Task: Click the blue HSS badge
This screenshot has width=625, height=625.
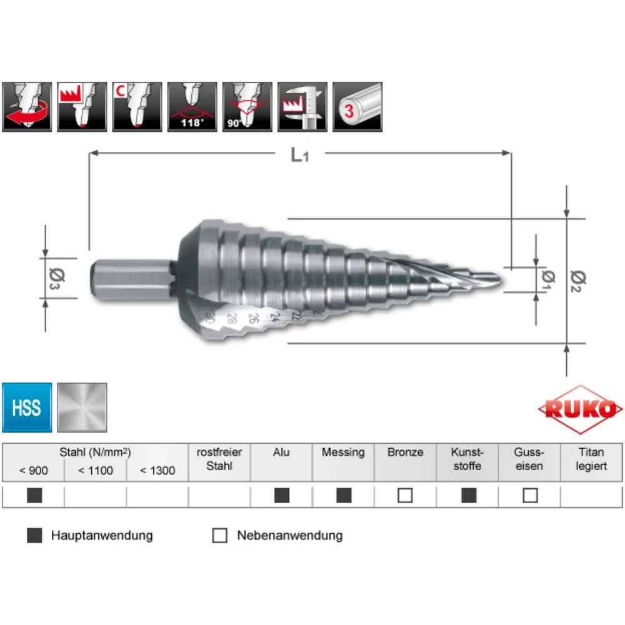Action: (x=26, y=408)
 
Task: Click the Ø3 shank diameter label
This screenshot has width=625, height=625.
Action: (x=54, y=277)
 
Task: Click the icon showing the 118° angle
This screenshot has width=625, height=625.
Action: (x=192, y=106)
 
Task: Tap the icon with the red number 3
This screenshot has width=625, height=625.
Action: (x=357, y=106)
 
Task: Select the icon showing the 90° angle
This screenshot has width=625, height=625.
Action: (x=247, y=106)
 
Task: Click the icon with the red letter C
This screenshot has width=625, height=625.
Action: (x=137, y=106)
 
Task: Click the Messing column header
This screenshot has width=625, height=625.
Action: (x=343, y=452)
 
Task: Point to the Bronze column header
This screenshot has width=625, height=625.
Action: (x=405, y=452)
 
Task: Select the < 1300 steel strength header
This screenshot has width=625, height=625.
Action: (x=157, y=470)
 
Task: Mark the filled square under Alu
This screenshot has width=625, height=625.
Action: (x=282, y=496)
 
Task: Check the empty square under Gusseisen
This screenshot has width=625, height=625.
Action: (x=530, y=496)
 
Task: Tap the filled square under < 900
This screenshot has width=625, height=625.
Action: (x=35, y=496)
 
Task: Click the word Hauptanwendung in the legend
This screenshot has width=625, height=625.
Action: (x=102, y=536)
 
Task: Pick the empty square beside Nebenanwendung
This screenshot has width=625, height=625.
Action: (x=219, y=536)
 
